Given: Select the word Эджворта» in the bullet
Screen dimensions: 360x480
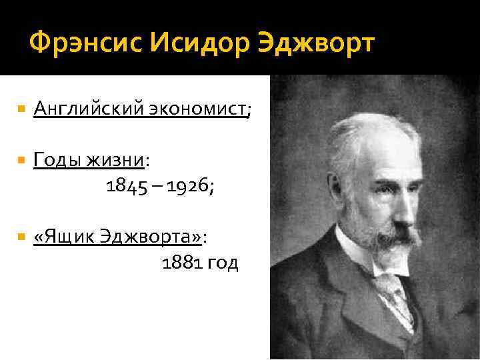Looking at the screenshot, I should click(159, 237).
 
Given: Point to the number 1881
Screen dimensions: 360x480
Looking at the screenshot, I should click(182, 263).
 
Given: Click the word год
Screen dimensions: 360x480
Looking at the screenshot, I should click(222, 264).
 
